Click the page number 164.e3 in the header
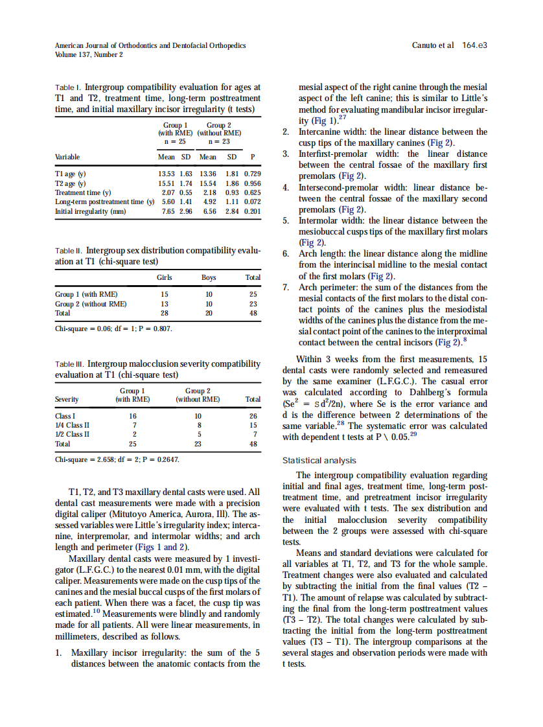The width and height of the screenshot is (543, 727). [x=474, y=45]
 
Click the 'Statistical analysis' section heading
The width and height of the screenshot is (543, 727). [x=319, y=461]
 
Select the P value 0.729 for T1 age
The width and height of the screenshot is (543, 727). [x=253, y=174]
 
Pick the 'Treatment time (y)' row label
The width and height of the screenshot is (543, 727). [x=83, y=192]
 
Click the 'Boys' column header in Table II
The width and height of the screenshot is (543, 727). [x=209, y=277]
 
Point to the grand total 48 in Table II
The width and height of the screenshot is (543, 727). [x=253, y=312]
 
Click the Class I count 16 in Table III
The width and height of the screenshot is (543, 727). [x=133, y=416]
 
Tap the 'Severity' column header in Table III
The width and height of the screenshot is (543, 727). [x=67, y=399]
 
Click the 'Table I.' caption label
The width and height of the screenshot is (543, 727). [x=68, y=87]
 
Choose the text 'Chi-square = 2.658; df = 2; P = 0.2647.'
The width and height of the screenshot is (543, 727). [x=117, y=459]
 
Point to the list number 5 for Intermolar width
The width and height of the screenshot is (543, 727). [x=285, y=220]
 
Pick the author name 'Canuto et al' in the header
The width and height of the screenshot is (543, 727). [x=433, y=45]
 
